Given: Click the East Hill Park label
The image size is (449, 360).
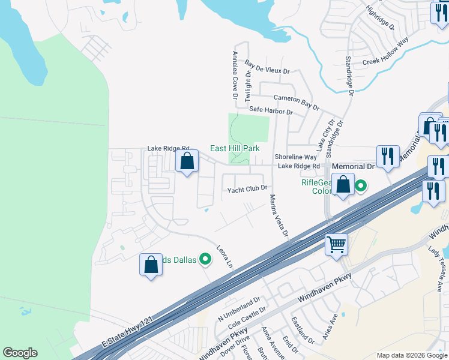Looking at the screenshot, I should (234, 148).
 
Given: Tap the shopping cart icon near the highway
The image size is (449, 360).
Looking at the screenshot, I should (337, 244).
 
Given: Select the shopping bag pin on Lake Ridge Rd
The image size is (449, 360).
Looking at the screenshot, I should (187, 161).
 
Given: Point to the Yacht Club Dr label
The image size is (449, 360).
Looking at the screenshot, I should (246, 189).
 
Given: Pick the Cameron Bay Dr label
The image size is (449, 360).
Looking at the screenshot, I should (296, 101).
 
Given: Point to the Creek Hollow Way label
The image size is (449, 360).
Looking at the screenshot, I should (385, 53).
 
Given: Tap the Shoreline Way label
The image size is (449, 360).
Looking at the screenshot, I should (295, 157).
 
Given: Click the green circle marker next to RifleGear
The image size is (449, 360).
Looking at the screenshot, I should (361, 186).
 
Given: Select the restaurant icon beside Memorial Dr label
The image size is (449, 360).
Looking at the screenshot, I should (388, 157).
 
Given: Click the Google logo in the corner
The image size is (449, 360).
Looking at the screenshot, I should (20, 353).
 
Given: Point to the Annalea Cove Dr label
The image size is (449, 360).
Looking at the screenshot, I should (235, 75).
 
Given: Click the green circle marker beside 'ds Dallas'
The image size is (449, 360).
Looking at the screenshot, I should (205, 259).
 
